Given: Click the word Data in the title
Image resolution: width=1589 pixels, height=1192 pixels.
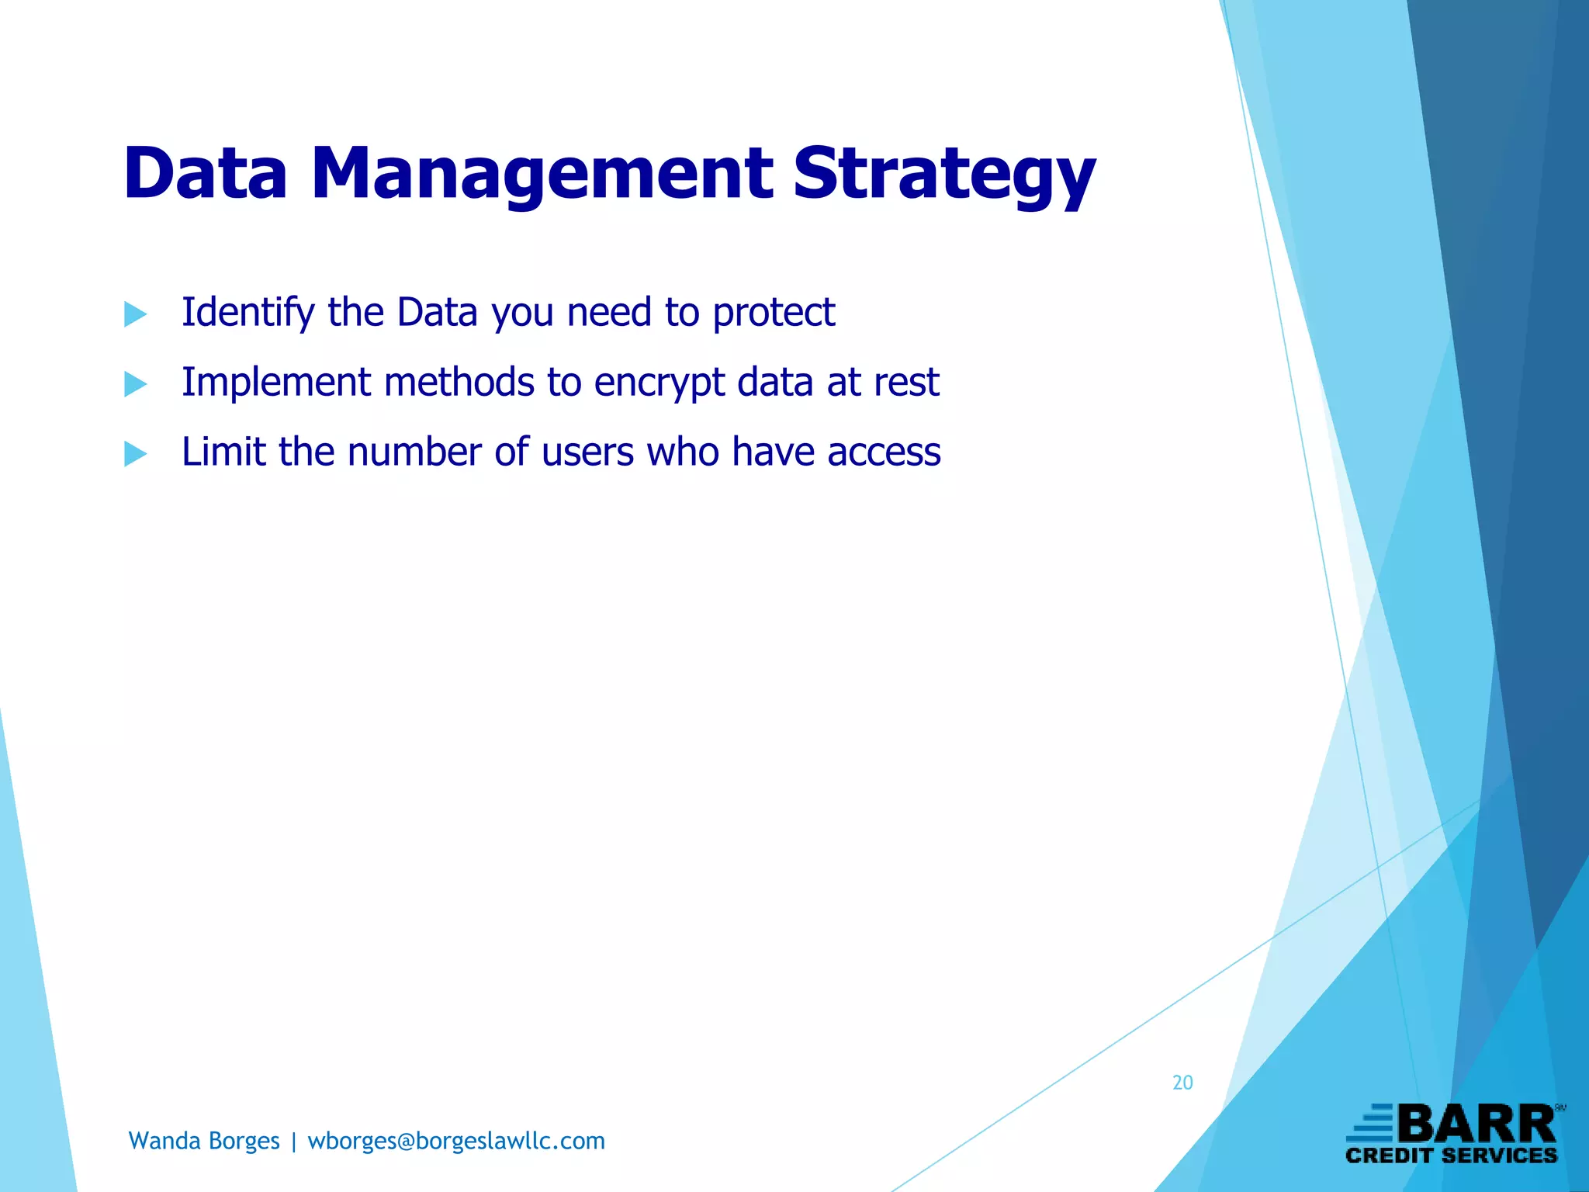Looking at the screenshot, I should tap(206, 173).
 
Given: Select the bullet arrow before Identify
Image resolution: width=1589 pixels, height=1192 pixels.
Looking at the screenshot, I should tap(135, 314).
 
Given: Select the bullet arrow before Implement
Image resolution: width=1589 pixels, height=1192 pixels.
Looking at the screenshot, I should tap(135, 383).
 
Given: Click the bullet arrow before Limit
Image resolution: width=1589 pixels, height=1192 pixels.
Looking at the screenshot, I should tap(135, 453).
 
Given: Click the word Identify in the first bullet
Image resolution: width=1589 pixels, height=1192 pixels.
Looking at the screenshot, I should tap(248, 313).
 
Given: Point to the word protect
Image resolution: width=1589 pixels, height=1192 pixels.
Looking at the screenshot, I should tap(774, 313).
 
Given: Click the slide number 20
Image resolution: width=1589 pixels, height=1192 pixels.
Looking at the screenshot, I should tap(1182, 1083).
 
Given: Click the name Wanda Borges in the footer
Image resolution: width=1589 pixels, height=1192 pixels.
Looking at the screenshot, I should tap(204, 1141).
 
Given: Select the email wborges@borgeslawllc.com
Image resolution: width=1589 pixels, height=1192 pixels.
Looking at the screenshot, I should tap(456, 1141).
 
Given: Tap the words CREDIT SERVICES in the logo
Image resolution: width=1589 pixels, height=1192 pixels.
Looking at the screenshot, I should tap(1451, 1156).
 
